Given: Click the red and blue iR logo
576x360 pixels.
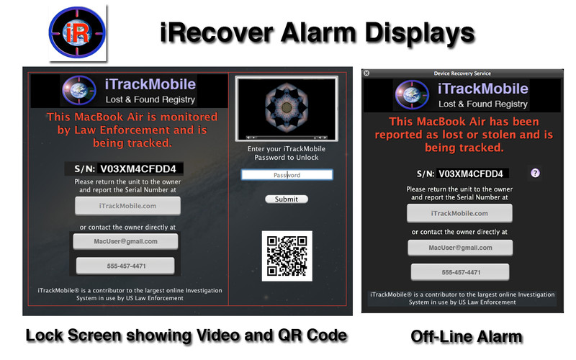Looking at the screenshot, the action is tap(77, 32).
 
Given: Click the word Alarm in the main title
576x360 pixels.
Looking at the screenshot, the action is tap(319, 32).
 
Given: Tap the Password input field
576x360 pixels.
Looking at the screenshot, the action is tap(287, 175).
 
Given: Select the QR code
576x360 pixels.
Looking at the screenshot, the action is tap(287, 256).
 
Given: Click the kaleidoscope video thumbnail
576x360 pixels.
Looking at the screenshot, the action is tap(287, 109).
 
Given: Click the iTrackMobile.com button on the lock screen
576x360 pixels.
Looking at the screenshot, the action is tap(127, 206).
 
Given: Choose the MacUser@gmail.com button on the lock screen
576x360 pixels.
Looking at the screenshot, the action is tap(125, 241).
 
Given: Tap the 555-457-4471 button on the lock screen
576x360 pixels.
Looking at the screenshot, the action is tap(125, 266).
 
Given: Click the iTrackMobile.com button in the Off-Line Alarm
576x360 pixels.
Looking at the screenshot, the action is tap(459, 213).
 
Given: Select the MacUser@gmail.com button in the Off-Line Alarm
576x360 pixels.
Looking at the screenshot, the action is tap(460, 248).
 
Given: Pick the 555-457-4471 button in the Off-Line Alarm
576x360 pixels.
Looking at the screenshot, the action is tap(460, 272).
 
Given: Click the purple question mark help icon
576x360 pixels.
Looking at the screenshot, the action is tap(535, 173).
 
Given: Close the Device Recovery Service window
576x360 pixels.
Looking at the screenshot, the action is tap(366, 73).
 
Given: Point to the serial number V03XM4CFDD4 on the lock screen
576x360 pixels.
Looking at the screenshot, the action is tap(138, 168).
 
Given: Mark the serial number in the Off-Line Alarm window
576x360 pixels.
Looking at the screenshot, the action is tap(471, 174).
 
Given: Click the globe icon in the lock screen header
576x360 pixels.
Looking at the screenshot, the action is tap(79, 90).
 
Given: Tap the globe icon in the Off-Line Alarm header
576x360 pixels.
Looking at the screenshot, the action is tap(412, 94).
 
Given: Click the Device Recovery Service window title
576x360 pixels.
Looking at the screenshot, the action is tap(462, 73).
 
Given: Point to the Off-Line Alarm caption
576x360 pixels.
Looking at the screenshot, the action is tap(466, 336).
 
